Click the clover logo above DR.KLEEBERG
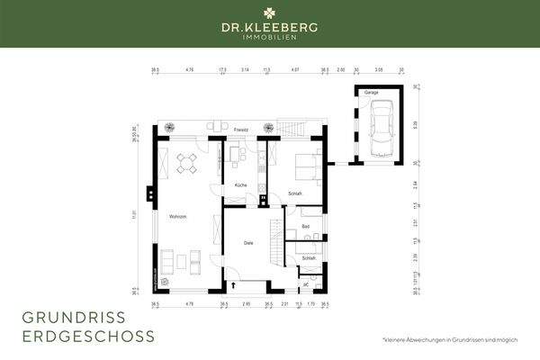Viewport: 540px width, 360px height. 269,13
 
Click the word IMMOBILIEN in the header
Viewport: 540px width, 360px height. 269,38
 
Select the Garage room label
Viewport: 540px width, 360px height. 371,92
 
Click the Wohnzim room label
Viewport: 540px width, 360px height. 176,217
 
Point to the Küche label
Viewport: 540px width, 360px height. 240,184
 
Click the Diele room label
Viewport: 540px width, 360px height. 249,242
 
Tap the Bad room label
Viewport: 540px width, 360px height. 306,226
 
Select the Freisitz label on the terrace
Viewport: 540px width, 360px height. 240,130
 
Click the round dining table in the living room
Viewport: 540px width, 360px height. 186,163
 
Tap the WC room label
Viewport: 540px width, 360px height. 306,283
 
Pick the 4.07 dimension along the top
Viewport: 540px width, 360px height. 295,68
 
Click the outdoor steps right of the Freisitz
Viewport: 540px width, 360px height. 291,129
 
